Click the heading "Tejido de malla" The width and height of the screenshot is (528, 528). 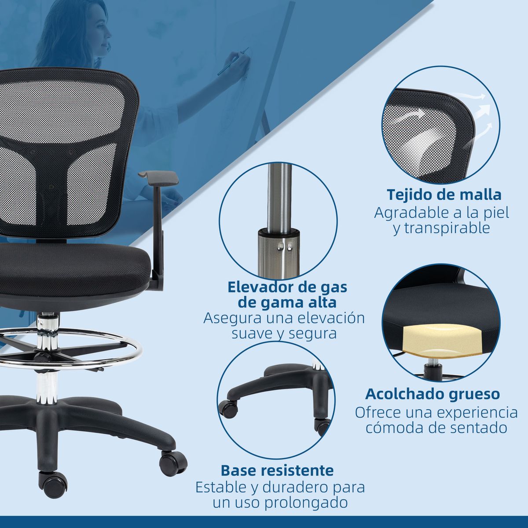click(444, 195)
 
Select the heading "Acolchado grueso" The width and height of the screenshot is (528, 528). click(433, 394)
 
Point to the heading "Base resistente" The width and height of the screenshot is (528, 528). click(277, 471)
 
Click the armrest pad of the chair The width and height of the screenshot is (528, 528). click(158, 177)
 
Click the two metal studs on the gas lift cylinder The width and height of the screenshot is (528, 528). click(285, 246)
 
